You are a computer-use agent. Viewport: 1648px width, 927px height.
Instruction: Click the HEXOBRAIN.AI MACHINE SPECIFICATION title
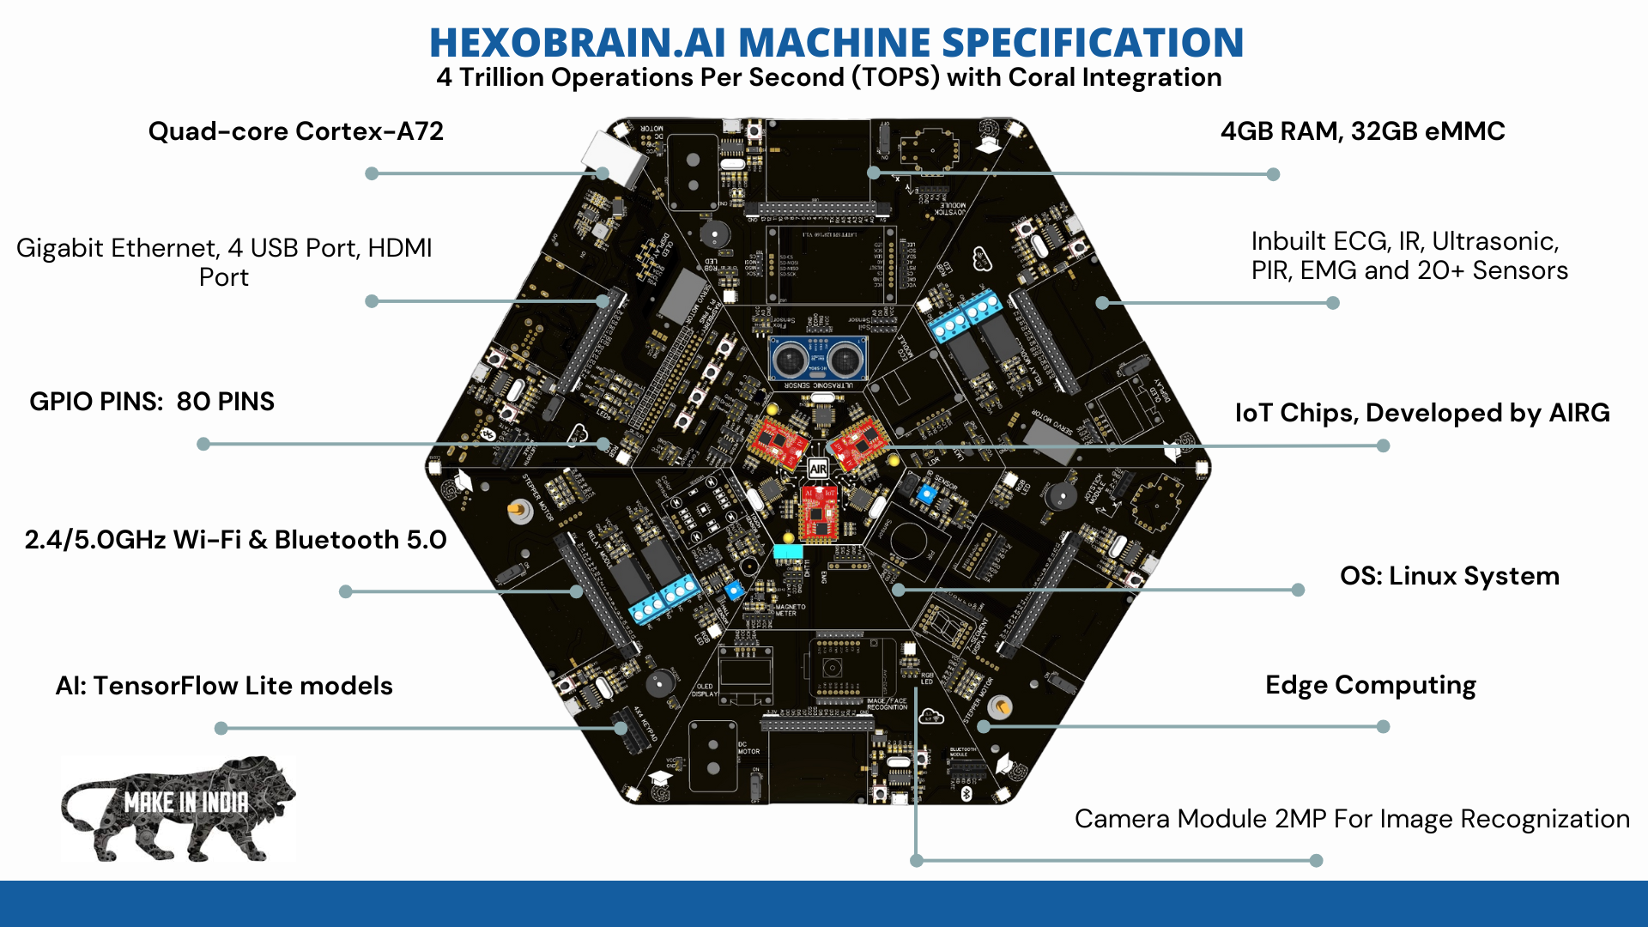pos(836,42)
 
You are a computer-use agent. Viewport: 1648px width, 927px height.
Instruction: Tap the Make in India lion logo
pos(179,809)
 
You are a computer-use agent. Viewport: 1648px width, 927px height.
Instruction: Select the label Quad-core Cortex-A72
pos(295,131)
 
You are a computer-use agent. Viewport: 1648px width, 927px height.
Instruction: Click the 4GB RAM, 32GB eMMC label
pos(1362,131)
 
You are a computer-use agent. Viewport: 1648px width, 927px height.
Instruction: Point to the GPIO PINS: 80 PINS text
pos(152,402)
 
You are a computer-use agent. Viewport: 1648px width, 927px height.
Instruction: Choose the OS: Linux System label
pos(1449,576)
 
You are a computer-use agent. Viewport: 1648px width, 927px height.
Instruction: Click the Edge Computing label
pos(1370,685)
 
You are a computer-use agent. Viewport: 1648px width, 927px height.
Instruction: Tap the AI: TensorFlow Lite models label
pos(224,686)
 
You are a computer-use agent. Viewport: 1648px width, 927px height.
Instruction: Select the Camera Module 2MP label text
pos(1352,819)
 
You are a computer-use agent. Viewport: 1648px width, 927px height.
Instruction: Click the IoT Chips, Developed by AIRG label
pos(1421,413)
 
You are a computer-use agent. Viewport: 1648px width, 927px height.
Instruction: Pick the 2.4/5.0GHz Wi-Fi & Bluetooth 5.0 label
pos(235,540)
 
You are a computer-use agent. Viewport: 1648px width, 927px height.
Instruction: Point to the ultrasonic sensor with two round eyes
pos(816,359)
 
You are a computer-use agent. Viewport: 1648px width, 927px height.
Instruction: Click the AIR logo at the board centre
pos(818,469)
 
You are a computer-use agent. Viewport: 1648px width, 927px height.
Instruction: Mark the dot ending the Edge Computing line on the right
pos(1383,727)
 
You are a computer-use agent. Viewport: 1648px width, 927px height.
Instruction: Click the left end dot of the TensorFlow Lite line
pos(221,728)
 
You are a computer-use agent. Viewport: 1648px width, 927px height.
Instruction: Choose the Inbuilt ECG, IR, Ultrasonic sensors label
pos(1409,256)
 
